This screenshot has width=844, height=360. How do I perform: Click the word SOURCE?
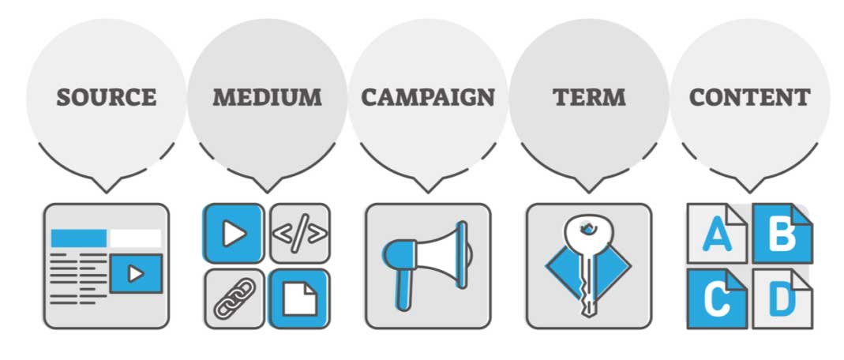[x=107, y=97]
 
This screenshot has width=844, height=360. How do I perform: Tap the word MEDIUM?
[x=267, y=97]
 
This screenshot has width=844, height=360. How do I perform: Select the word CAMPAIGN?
[x=428, y=97]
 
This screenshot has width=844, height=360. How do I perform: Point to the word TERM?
[x=589, y=97]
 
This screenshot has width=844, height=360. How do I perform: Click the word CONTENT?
[x=750, y=97]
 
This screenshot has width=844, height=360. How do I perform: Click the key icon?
[x=588, y=264]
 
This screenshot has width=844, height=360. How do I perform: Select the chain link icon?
[x=234, y=298]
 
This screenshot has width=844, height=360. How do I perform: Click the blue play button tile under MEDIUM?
[x=234, y=233]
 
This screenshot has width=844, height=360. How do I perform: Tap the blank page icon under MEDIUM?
[x=300, y=298]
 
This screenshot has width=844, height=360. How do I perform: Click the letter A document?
[x=717, y=233]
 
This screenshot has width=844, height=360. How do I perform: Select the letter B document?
[x=782, y=233]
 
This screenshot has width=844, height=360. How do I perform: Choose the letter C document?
[x=717, y=298]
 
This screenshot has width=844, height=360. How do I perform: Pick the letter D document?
[x=782, y=298]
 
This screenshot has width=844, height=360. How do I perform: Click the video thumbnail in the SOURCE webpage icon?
[x=136, y=274]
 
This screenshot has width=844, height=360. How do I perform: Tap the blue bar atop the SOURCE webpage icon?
[x=79, y=238]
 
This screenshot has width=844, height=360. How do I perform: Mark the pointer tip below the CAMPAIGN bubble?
[x=428, y=192]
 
